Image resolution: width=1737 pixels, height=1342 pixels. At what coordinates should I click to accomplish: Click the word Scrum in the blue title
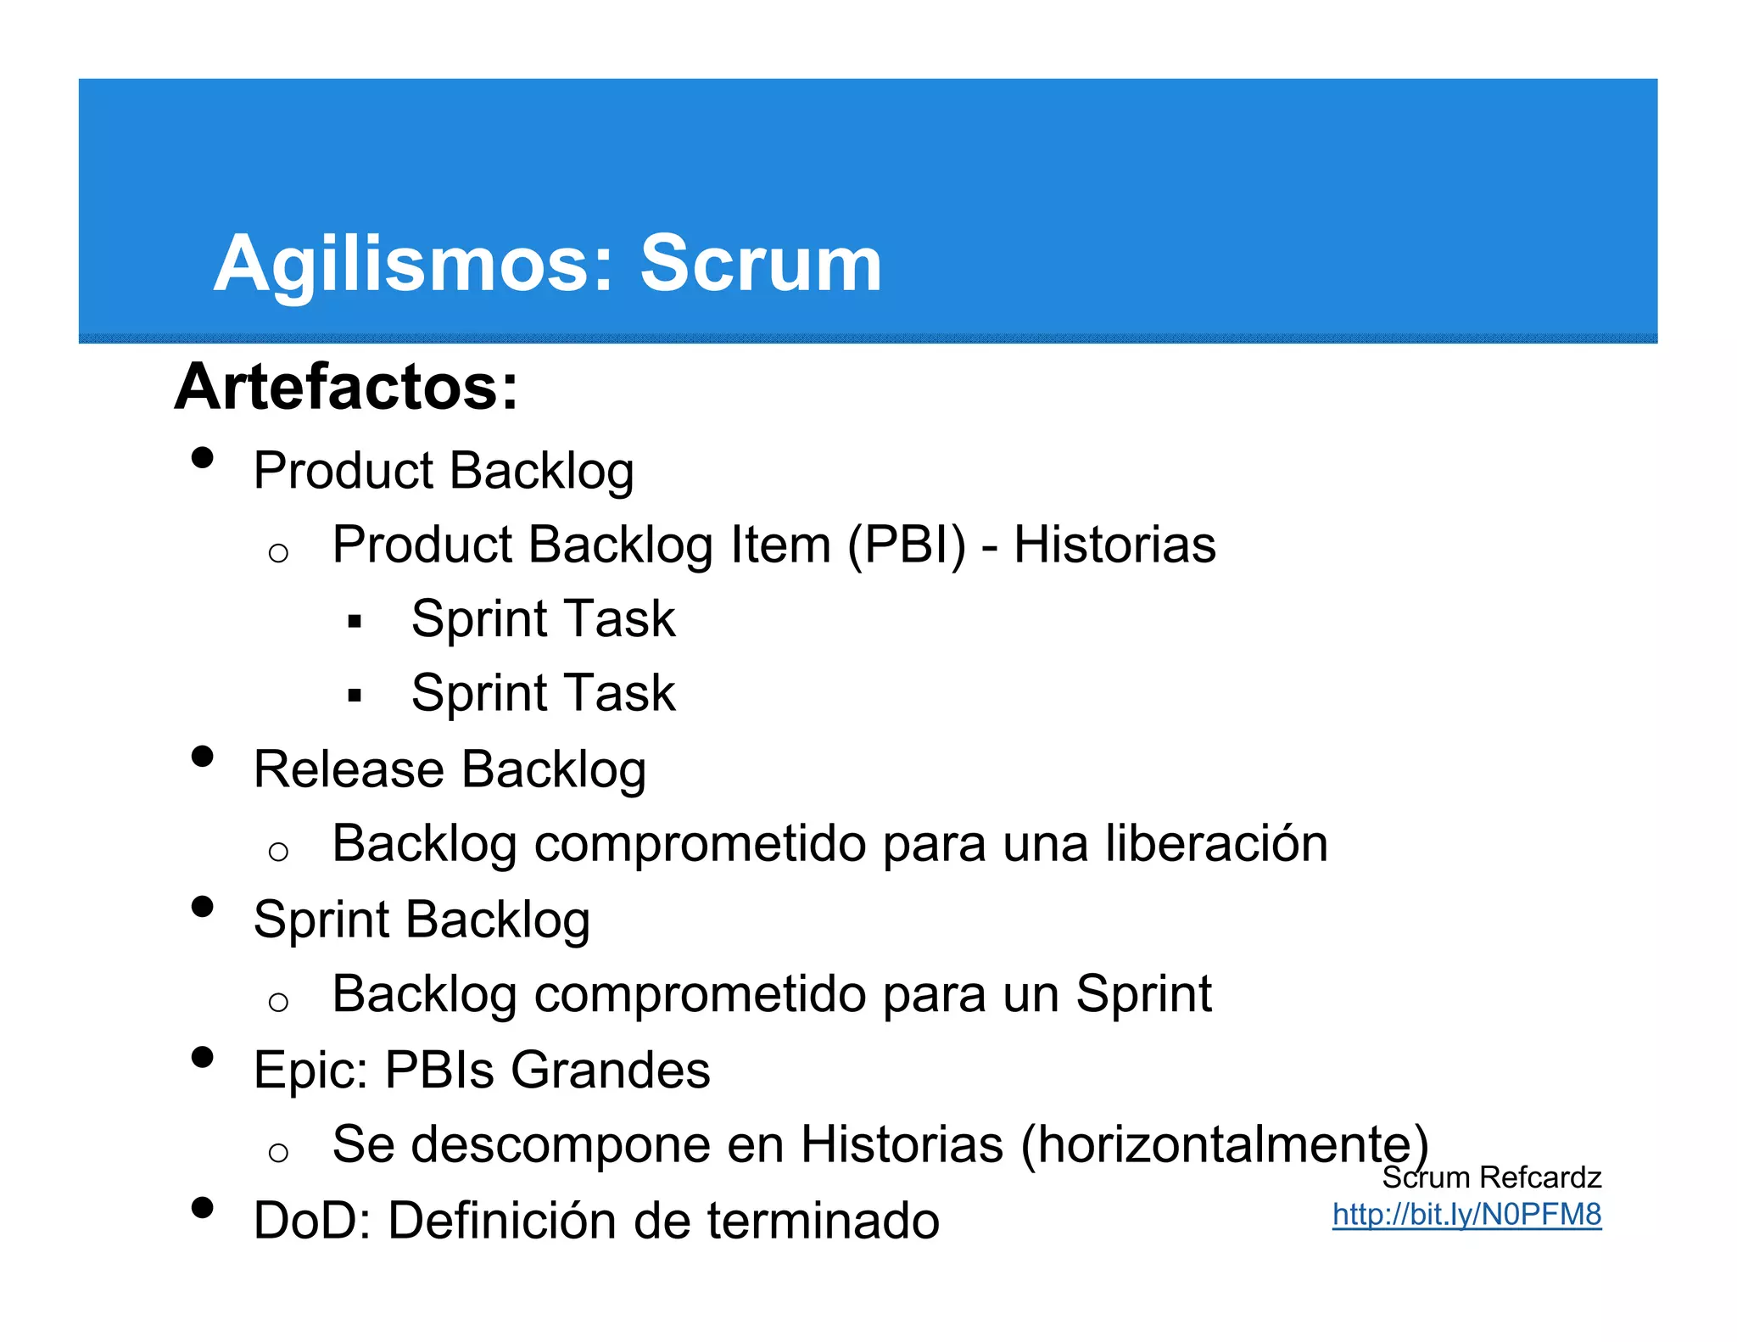click(761, 264)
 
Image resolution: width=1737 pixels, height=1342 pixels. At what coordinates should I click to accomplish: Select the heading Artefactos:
click(346, 387)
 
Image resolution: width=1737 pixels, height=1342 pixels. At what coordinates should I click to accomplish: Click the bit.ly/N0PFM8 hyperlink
click(1466, 1214)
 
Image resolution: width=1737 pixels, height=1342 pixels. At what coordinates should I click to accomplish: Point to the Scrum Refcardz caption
click(1491, 1177)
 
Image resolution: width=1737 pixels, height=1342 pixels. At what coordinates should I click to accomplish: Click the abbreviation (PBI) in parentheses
click(907, 545)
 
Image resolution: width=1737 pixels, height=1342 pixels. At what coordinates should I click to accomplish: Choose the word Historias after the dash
click(1114, 545)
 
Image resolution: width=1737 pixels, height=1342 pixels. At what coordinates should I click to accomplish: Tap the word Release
click(349, 769)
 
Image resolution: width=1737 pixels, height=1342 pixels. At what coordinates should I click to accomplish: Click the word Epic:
click(310, 1070)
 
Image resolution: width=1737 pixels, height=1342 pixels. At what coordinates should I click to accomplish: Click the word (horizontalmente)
click(1225, 1144)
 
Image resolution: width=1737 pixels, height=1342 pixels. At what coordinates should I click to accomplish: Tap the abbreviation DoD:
click(311, 1221)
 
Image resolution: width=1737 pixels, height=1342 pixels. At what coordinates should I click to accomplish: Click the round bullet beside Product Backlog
click(202, 458)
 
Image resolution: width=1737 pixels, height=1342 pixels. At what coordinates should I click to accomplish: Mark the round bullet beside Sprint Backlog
click(202, 907)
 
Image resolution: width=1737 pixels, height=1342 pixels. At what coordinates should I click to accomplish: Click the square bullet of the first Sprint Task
click(355, 622)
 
